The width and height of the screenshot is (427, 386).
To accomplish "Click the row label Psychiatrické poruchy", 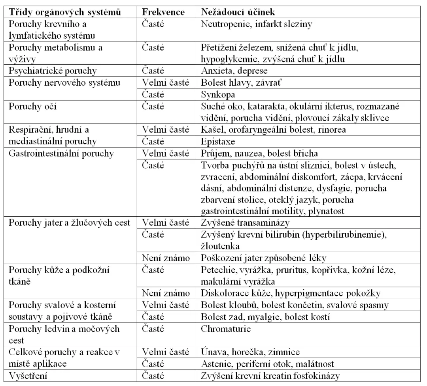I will pyautogui.click(x=49, y=71).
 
